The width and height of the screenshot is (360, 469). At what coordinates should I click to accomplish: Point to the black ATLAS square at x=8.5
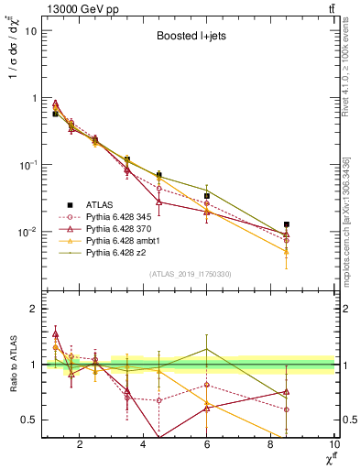[x=287, y=224]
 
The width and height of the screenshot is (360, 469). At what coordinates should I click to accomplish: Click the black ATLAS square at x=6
[x=207, y=196]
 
